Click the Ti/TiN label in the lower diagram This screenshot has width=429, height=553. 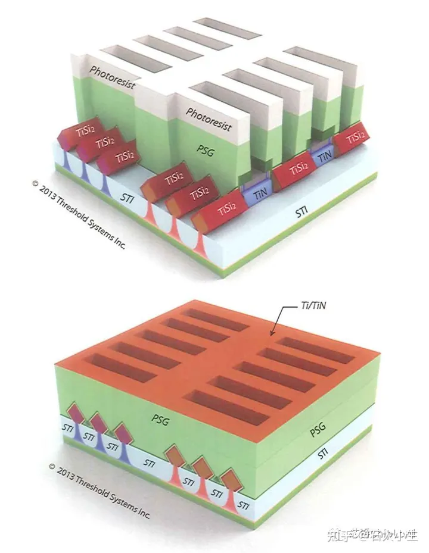pyautogui.click(x=314, y=306)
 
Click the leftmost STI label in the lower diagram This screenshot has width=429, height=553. pyautogui.click(x=67, y=427)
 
